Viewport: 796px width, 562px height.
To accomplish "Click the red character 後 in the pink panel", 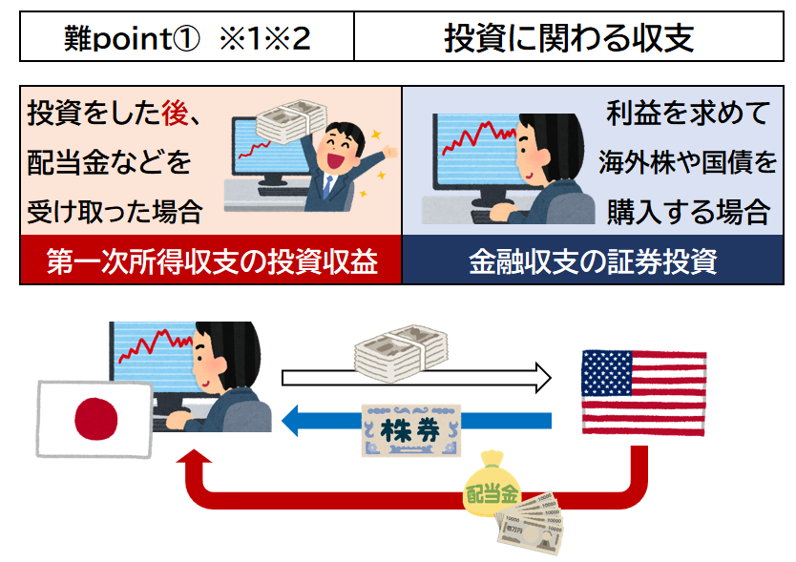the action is tap(176, 113).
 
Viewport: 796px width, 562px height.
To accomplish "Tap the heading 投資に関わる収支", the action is tap(569, 37).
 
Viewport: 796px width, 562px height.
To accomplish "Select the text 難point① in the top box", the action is tap(132, 38).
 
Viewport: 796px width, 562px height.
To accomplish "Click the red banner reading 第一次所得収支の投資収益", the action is tap(211, 260).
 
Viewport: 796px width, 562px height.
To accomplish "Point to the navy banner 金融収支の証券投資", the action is tap(593, 260).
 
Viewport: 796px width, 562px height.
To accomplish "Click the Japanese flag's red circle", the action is tap(96, 419).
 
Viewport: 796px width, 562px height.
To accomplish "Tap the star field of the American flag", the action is tap(607, 374).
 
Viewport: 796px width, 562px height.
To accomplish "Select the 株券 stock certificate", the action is tap(411, 430).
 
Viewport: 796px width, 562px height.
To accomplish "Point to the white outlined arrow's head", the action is tap(543, 378).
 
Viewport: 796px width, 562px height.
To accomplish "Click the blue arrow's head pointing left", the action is tap(290, 421).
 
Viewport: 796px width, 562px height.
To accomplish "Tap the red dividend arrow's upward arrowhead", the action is tap(194, 456).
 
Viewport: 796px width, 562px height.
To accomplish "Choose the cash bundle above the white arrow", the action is tap(401, 354).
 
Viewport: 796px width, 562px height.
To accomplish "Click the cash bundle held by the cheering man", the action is tap(291, 121).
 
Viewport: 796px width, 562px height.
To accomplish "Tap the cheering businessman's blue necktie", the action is tap(327, 187).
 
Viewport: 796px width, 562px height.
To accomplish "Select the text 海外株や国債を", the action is tap(687, 162).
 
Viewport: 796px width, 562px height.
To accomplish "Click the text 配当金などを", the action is tap(109, 162).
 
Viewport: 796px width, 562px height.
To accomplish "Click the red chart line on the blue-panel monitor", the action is tap(478, 137).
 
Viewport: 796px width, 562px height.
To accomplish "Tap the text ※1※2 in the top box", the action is tap(265, 38).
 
